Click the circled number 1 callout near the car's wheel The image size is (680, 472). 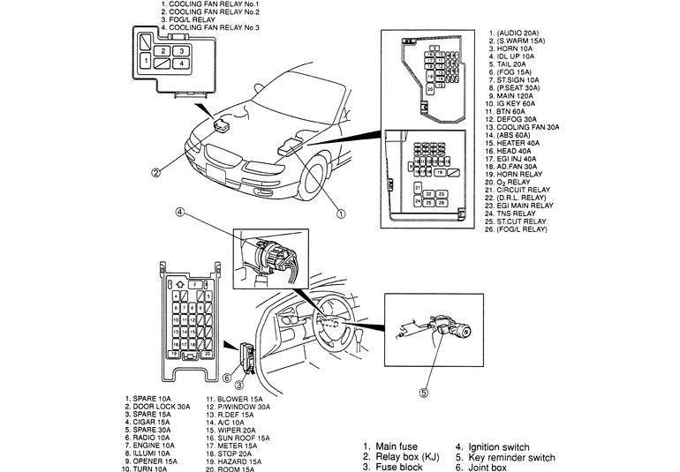click(x=341, y=212)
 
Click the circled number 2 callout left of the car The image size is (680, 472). click(x=155, y=173)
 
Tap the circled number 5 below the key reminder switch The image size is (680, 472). click(x=423, y=393)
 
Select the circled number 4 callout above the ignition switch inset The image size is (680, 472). click(x=179, y=212)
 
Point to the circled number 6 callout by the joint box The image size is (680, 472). click(x=226, y=377)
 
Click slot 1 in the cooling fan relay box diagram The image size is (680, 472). click(x=147, y=62)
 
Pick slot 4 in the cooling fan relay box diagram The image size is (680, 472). click(x=179, y=64)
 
